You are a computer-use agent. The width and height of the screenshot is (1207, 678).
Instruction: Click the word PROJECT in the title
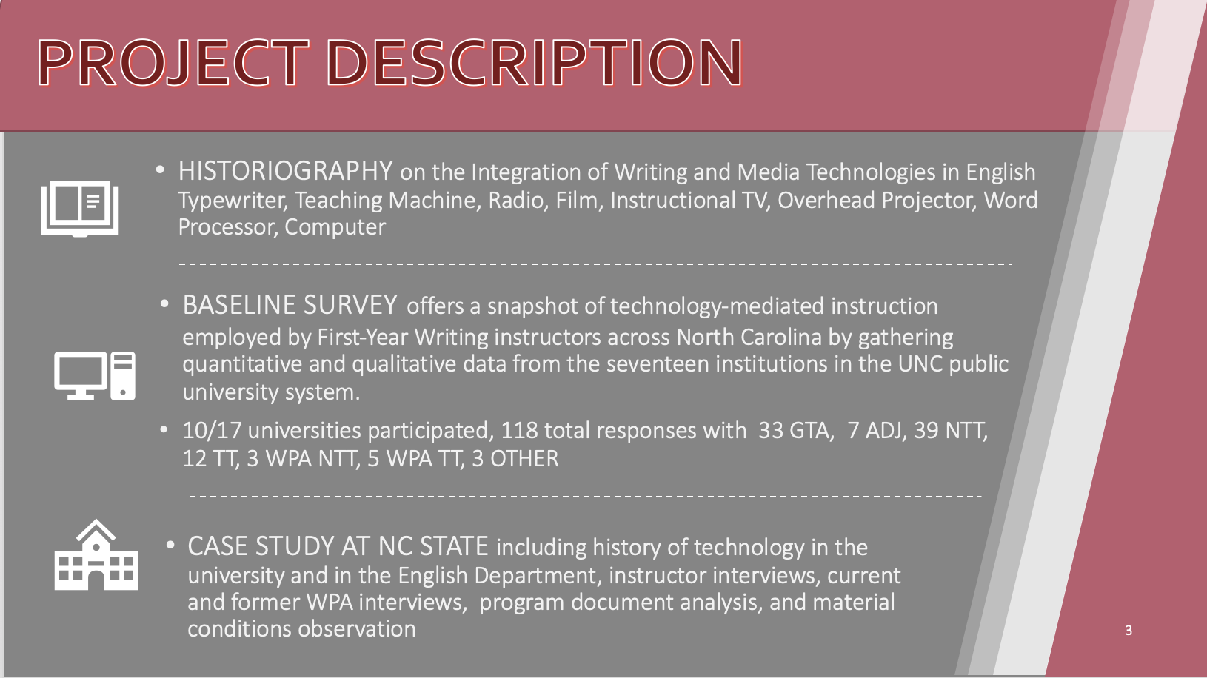click(173, 62)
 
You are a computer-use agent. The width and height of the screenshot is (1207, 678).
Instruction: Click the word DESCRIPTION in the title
click(535, 62)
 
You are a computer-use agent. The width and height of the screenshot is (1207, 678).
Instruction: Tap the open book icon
click(80, 209)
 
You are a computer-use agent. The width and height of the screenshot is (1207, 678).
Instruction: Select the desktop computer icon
click(95, 376)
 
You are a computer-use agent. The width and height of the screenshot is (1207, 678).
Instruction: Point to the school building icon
click(96, 554)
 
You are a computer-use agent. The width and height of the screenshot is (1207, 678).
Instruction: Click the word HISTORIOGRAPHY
click(285, 171)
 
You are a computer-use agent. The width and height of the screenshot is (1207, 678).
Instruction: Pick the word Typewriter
click(233, 201)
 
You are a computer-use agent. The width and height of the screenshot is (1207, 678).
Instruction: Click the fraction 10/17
click(212, 431)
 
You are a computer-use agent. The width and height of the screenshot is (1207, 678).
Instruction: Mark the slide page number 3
click(1129, 630)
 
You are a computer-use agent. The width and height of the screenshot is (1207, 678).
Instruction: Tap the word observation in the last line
click(357, 629)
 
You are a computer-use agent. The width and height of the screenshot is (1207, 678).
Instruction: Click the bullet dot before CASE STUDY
click(170, 545)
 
